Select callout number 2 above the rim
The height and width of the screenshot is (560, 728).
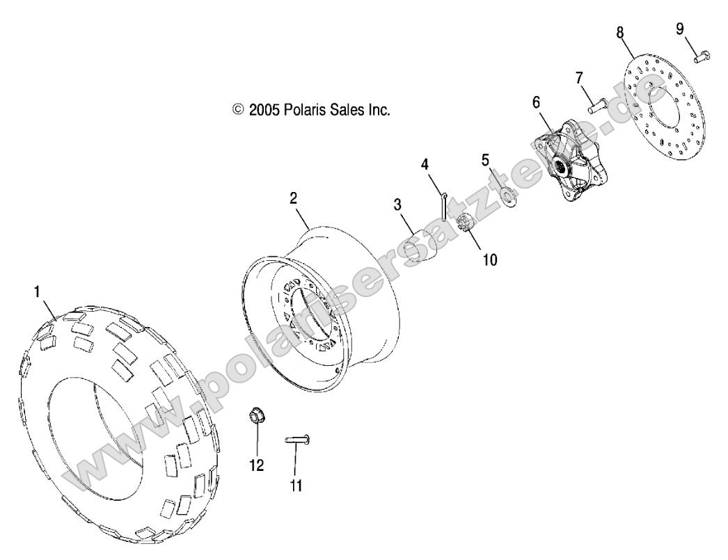(294, 198)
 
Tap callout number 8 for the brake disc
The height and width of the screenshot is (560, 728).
(619, 32)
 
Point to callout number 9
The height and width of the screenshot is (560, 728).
(680, 29)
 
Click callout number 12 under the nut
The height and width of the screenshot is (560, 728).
(257, 465)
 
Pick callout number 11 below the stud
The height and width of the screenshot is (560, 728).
(296, 486)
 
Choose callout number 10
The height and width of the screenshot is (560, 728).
(490, 259)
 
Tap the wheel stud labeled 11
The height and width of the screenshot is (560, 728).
(297, 439)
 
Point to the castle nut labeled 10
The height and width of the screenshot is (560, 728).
(468, 226)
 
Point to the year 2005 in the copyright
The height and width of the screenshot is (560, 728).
(264, 109)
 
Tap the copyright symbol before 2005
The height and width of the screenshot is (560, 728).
(238, 109)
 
